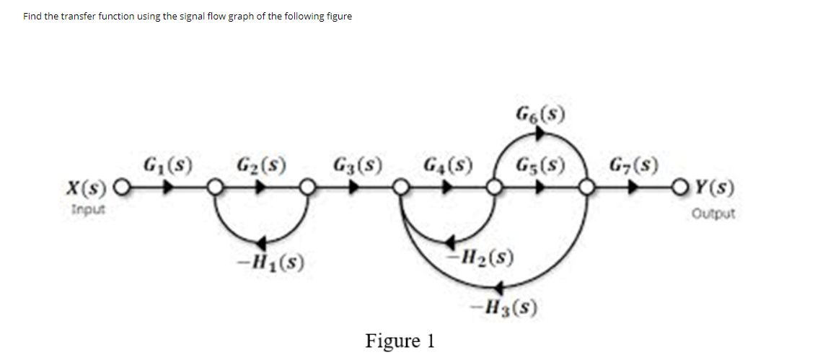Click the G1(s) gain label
tap(168, 162)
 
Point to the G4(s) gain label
tap(448, 162)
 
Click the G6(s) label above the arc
tap(540, 113)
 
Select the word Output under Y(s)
tap(713, 214)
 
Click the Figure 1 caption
tap(400, 340)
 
